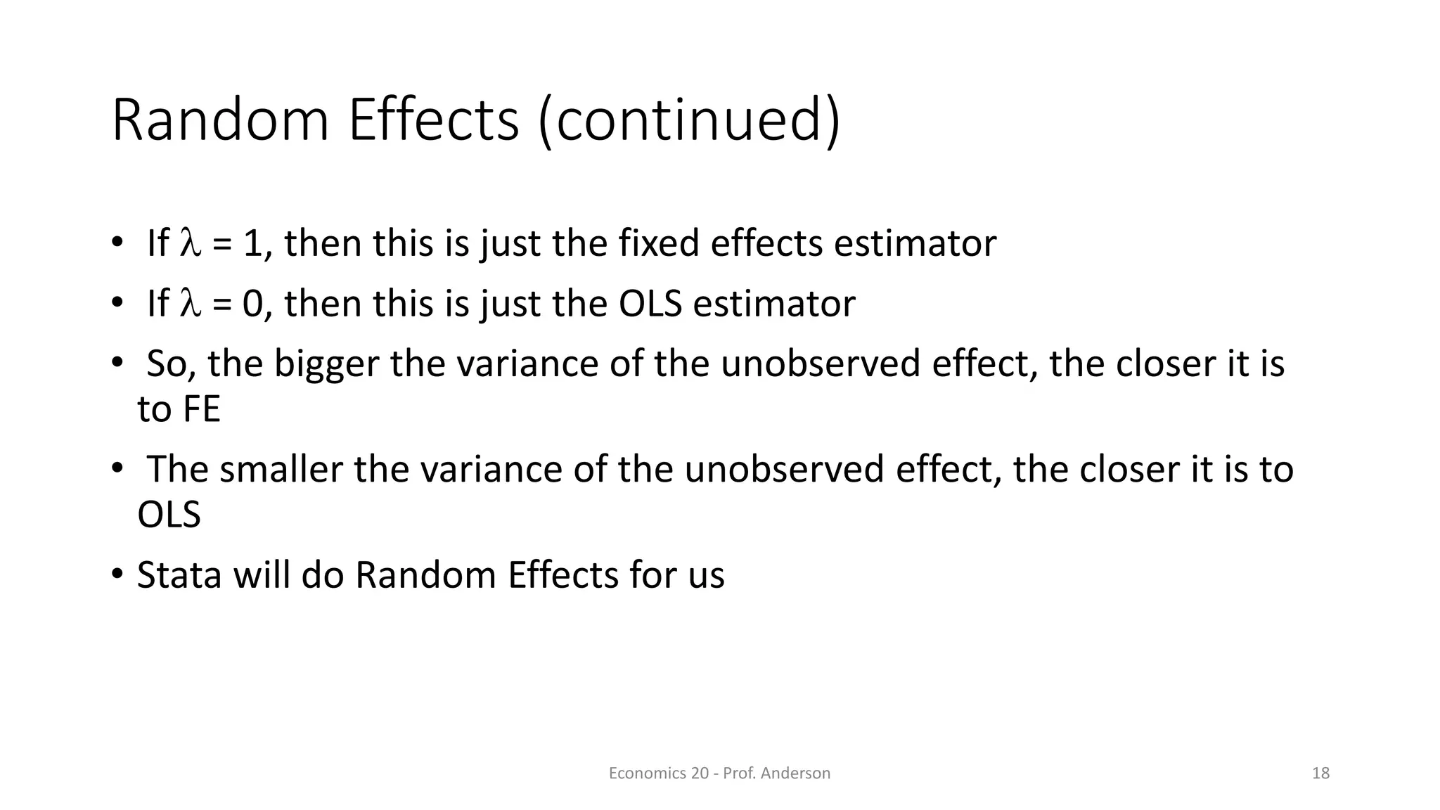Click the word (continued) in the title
[x=689, y=120]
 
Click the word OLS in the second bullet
[x=650, y=304]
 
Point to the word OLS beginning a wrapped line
[x=169, y=515]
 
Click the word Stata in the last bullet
[x=179, y=576]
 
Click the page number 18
[x=1320, y=773]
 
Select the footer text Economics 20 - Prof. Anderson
[x=719, y=773]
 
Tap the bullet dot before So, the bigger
[x=117, y=363]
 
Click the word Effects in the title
[x=433, y=120]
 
